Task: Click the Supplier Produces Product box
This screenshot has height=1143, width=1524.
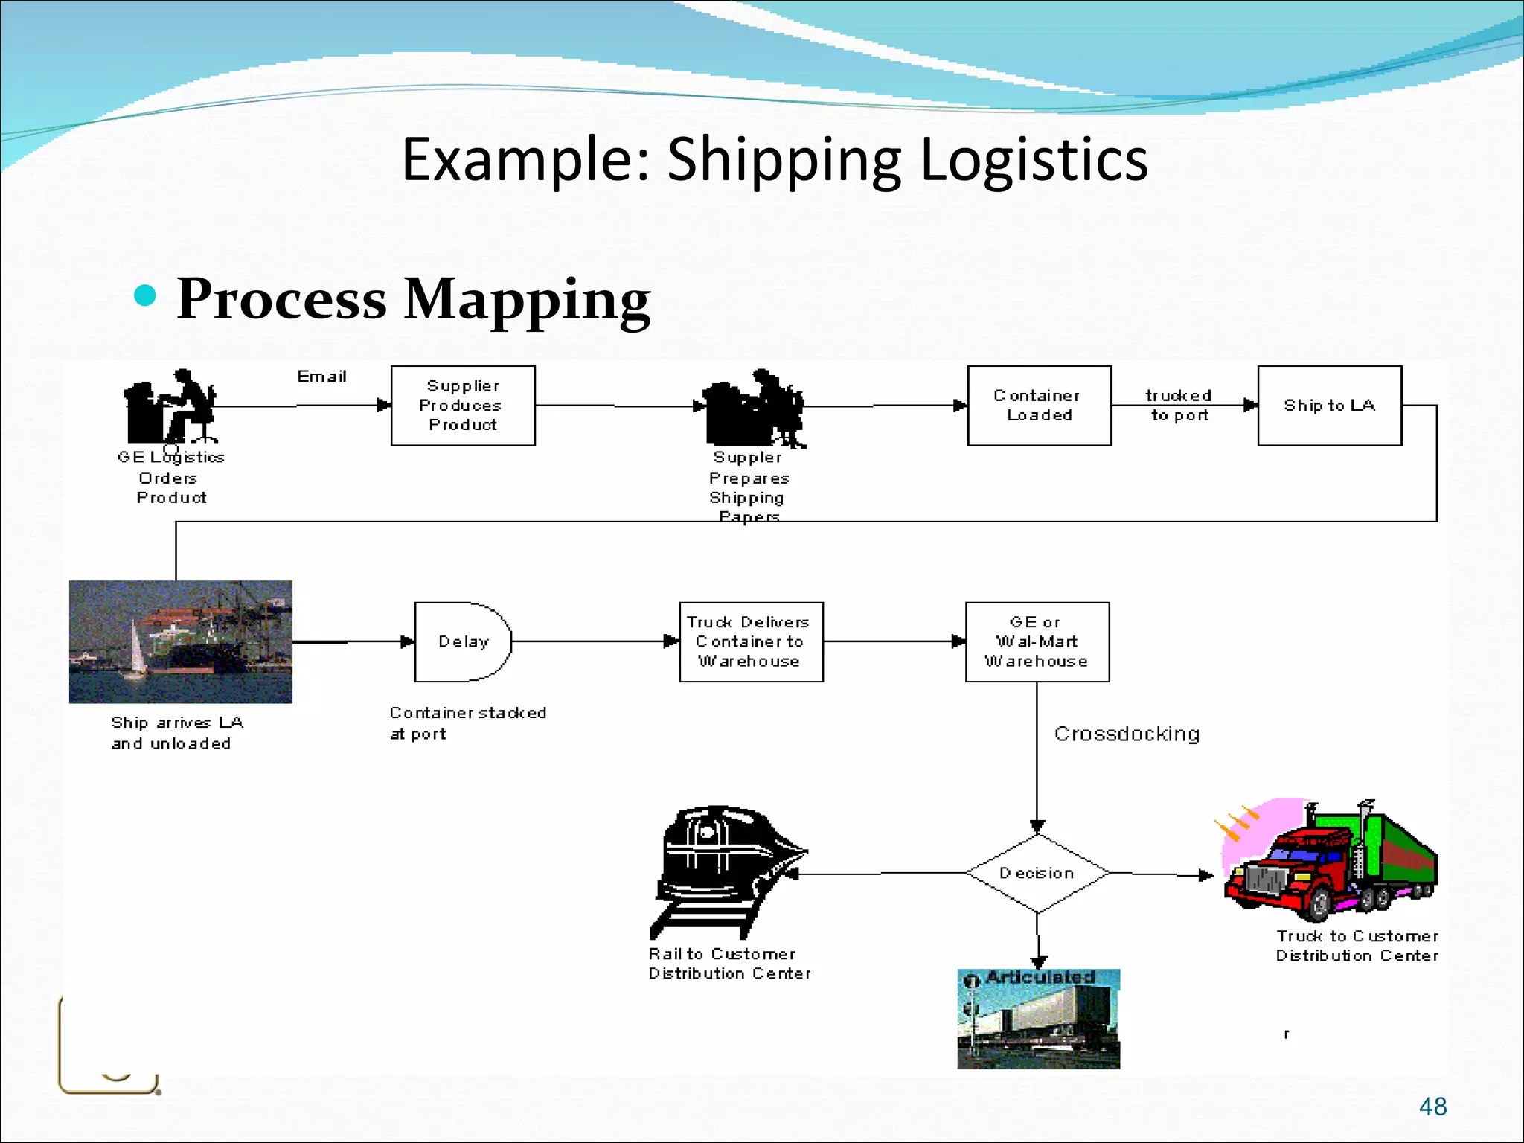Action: (x=463, y=406)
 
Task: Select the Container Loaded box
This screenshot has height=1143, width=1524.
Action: (x=1039, y=406)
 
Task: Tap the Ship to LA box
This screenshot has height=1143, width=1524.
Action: (x=1329, y=406)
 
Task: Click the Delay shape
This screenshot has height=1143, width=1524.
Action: (x=462, y=641)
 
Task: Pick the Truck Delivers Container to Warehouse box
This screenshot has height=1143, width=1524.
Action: (x=750, y=641)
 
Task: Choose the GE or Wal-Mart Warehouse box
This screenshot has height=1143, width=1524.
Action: (x=1037, y=641)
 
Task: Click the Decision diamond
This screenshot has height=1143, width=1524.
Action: (x=1037, y=873)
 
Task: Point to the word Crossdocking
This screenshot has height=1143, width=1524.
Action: (x=1127, y=734)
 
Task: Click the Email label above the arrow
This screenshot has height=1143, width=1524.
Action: (x=321, y=377)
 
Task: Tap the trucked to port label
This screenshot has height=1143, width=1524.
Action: (x=1179, y=406)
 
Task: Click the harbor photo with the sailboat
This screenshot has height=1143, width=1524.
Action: (x=181, y=641)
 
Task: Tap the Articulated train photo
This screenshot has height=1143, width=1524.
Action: (x=1038, y=1019)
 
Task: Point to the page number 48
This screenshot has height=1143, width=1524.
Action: (x=1432, y=1107)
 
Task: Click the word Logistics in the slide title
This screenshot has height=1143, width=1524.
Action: (x=1034, y=159)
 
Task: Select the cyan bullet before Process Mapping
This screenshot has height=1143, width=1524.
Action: (x=145, y=295)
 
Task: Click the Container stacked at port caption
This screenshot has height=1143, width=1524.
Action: (x=467, y=723)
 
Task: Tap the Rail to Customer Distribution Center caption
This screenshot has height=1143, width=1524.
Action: (x=729, y=964)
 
